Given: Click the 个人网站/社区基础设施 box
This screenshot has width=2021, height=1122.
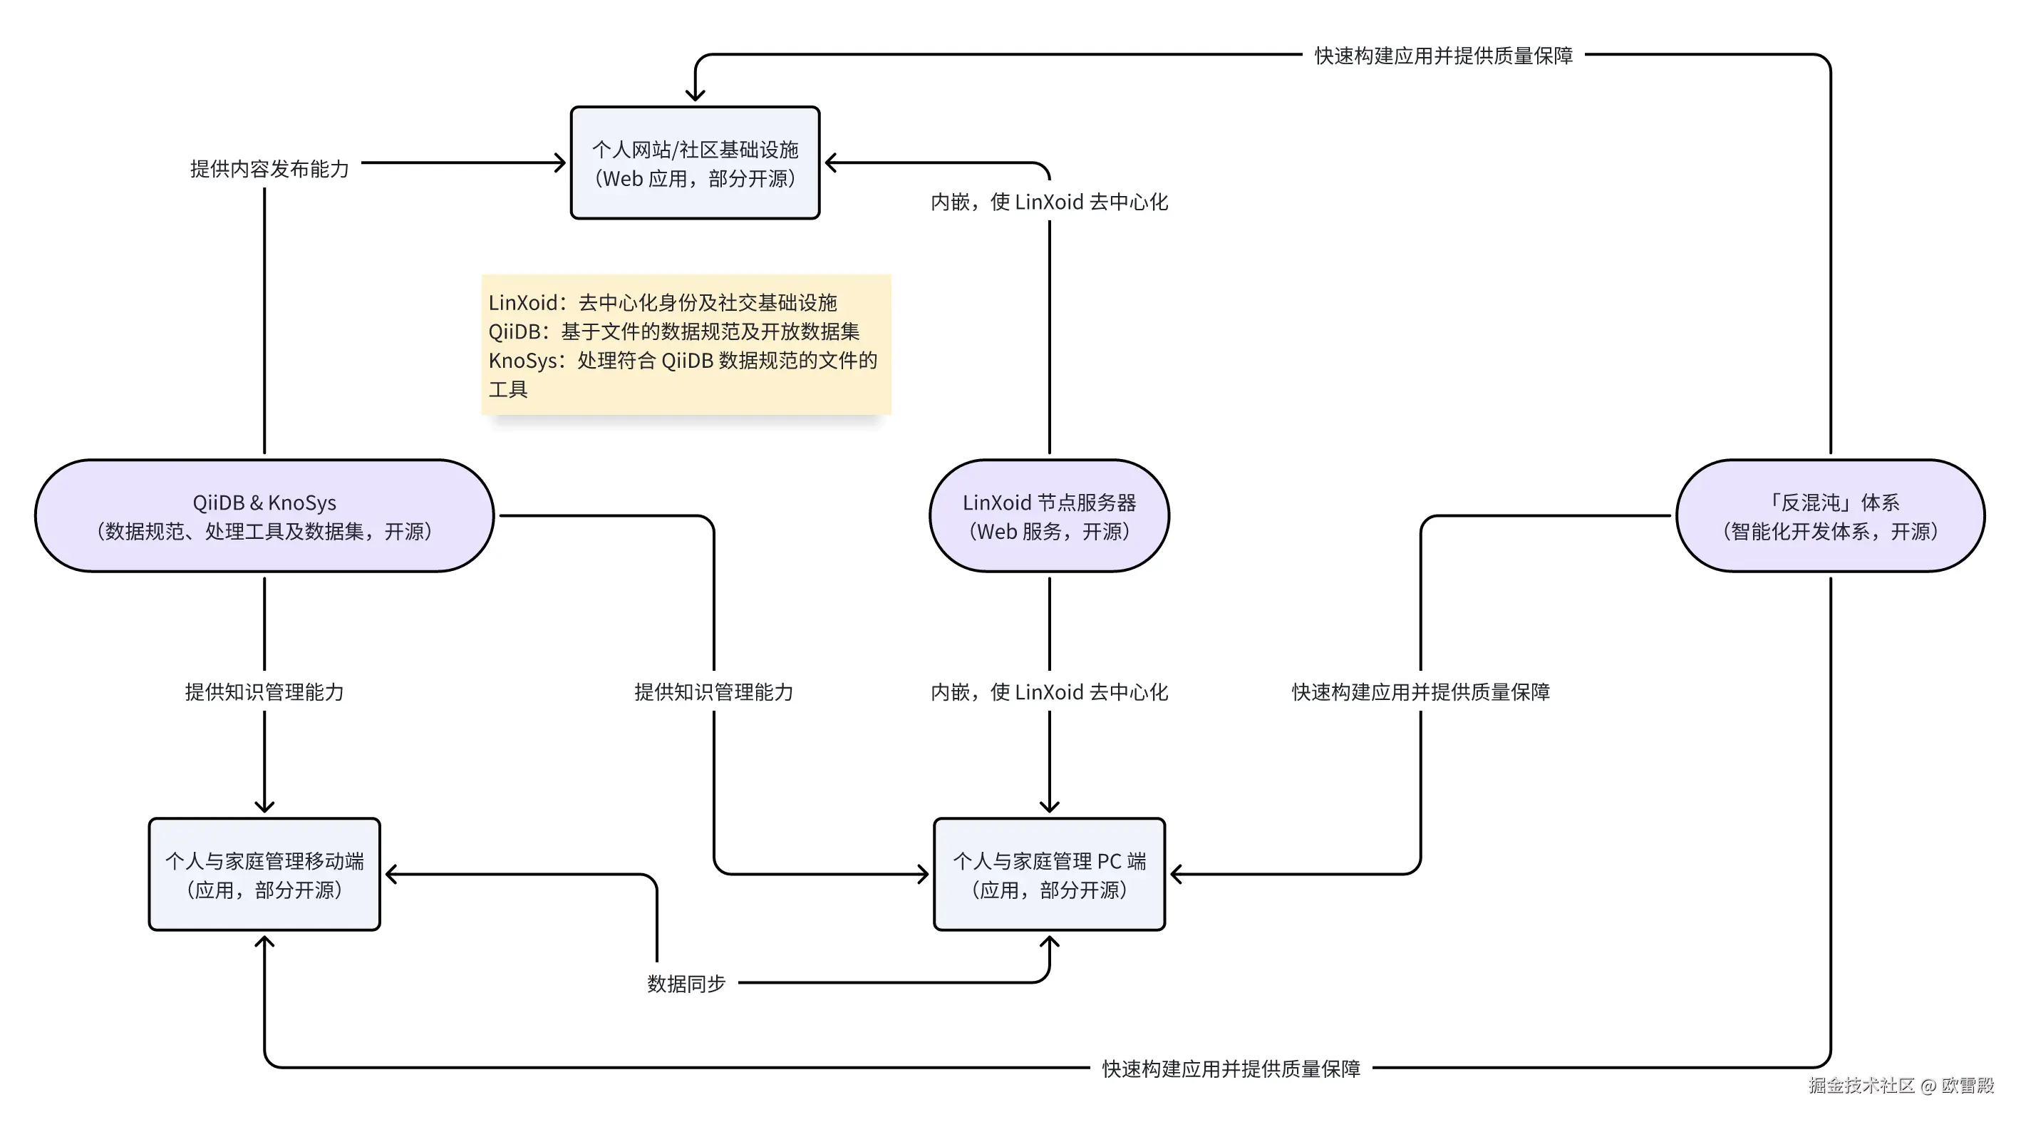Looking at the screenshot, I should click(x=695, y=163).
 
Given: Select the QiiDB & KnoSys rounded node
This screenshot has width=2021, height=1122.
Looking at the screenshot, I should click(x=264, y=515).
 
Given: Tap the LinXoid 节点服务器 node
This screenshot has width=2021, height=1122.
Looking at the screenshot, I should click(x=1049, y=515).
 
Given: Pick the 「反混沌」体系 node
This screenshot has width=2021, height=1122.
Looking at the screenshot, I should click(x=1829, y=515).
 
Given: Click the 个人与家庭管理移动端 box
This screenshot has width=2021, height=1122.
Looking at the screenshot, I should click(x=264, y=874).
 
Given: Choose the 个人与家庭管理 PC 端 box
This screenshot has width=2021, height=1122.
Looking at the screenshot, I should click(x=1049, y=874).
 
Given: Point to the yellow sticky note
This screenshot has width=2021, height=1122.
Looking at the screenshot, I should click(x=686, y=344).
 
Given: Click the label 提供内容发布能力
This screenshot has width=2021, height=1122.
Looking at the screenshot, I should click(x=269, y=169).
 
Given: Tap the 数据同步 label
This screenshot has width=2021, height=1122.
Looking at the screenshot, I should click(x=686, y=983).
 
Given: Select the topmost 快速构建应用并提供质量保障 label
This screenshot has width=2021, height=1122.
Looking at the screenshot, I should click(x=1444, y=56).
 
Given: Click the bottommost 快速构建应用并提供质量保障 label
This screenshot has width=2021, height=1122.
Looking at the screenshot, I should click(x=1230, y=1069).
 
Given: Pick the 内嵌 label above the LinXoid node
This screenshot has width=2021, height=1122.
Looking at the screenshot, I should click(x=1049, y=202).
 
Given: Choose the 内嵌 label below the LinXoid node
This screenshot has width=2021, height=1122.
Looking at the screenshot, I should click(x=1049, y=692).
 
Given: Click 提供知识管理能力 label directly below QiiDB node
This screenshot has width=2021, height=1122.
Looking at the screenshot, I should click(x=264, y=692).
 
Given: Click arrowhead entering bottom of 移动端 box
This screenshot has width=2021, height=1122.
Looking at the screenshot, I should click(x=264, y=942).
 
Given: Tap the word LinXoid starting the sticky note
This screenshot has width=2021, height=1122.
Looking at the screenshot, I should click(x=522, y=303).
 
